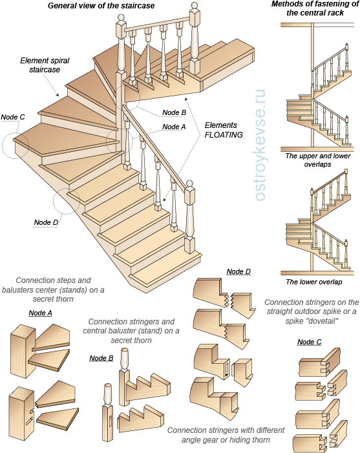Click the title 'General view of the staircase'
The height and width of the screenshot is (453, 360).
click(101, 5)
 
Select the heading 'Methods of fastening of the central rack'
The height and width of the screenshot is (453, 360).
click(315, 8)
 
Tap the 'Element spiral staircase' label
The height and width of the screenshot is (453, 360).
click(45, 65)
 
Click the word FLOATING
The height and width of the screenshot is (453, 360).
click(224, 135)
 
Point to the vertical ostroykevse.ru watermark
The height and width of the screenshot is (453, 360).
click(260, 145)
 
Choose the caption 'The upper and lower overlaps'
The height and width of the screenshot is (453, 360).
click(318, 160)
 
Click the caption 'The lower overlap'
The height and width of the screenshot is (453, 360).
click(314, 282)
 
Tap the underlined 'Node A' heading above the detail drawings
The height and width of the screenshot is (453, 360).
click(41, 313)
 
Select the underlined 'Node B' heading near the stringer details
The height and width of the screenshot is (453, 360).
click(101, 358)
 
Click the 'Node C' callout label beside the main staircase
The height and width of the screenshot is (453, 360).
click(13, 117)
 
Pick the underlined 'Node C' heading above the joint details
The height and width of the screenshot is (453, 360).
click(310, 342)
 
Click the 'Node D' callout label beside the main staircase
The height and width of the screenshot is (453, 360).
click(46, 222)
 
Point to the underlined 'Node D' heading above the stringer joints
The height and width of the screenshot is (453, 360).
click(238, 271)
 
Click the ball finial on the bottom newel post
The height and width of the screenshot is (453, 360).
click(189, 184)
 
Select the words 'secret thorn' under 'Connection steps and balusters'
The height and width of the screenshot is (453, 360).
click(53, 299)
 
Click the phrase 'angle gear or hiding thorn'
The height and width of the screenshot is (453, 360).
click(226, 440)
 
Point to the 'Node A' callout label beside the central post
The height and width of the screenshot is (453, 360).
click(174, 127)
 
